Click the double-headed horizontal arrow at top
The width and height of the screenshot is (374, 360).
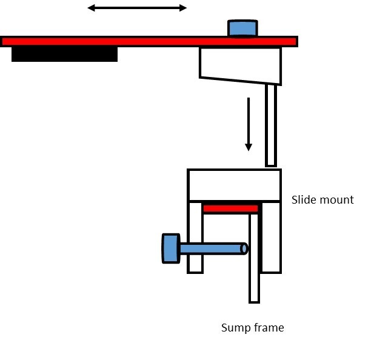pyautogui.click(x=137, y=8)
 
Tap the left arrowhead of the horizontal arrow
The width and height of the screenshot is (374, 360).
pyautogui.click(x=91, y=8)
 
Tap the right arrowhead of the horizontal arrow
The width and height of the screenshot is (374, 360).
pyautogui.click(x=183, y=8)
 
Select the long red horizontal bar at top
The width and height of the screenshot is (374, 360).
pyautogui.click(x=149, y=41)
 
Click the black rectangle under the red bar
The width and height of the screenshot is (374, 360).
pyautogui.click(x=64, y=54)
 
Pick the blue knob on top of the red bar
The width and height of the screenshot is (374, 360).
pyautogui.click(x=242, y=28)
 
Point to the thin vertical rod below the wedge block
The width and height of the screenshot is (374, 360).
pyautogui.click(x=271, y=125)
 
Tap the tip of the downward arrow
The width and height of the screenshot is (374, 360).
pyautogui.click(x=248, y=149)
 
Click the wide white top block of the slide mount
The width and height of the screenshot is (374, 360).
pyautogui.click(x=234, y=185)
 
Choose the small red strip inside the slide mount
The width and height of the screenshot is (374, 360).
pyautogui.click(x=230, y=208)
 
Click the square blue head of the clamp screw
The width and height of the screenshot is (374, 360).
pyautogui.click(x=171, y=248)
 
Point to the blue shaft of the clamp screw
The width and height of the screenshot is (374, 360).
pyautogui.click(x=210, y=248)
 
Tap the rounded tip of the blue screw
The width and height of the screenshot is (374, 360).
pyautogui.click(x=244, y=248)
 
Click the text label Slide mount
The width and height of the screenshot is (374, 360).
pyautogui.click(x=322, y=199)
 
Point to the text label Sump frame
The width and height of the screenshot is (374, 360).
pyautogui.click(x=252, y=328)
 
